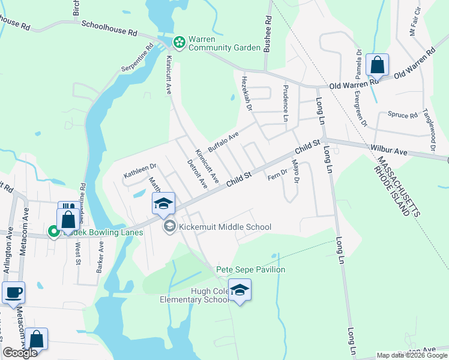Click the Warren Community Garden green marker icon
click(179, 42)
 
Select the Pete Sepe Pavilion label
click(250, 270)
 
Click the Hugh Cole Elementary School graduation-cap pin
click(240, 290)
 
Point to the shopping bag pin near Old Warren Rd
click(377, 65)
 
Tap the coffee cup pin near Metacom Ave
click(13, 293)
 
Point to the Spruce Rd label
click(402, 115)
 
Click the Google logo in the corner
click(20, 352)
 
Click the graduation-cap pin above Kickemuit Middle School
click(163, 203)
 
